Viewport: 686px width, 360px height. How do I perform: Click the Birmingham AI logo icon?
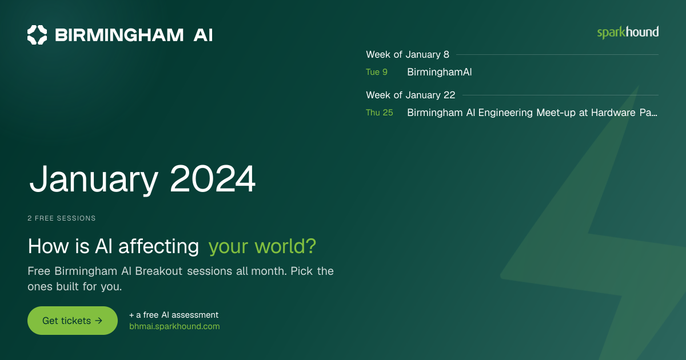tap(37, 35)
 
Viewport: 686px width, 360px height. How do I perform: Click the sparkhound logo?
tap(628, 33)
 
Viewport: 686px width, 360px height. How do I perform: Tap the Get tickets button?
tap(73, 321)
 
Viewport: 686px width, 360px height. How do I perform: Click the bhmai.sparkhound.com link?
tap(174, 326)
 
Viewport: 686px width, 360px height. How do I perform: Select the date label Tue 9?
tap(377, 72)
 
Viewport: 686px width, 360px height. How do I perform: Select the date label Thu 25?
tap(380, 113)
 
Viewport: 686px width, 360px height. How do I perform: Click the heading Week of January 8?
tap(408, 54)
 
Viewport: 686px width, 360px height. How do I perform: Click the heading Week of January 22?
tap(410, 95)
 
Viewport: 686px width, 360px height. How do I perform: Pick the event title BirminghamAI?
tap(440, 72)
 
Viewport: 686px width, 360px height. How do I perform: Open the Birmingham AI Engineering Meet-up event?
tap(532, 113)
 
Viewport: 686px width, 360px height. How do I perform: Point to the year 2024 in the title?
tap(213, 178)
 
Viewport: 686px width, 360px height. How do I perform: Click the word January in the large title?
tap(94, 179)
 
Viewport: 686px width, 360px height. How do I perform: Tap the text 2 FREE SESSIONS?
tap(62, 218)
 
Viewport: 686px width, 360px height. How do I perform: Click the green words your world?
tap(262, 246)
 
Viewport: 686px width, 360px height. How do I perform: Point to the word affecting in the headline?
tap(159, 246)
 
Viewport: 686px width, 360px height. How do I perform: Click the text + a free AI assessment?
tap(174, 315)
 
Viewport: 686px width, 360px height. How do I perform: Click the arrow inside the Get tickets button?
tap(98, 321)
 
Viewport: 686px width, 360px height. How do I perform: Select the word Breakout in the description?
tap(159, 271)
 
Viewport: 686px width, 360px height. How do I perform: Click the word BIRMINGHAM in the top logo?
tap(119, 35)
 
